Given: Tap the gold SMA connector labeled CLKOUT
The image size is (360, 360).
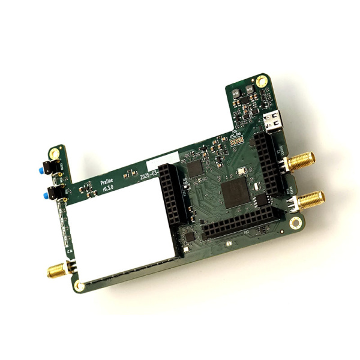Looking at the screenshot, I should click(x=301, y=161).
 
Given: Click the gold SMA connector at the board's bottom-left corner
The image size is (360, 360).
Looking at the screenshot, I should click(x=57, y=271).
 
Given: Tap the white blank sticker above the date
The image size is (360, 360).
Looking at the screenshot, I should click(x=163, y=159).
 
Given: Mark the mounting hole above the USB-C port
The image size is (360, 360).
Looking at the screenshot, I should click(x=262, y=81).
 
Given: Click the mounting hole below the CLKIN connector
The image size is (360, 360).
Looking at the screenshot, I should click(x=295, y=223).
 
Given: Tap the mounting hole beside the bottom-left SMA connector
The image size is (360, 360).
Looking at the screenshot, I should click(x=79, y=285).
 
